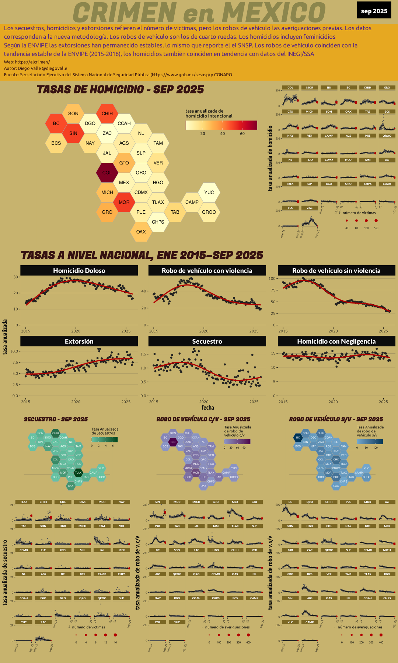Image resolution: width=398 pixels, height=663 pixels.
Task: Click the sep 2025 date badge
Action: point(374,11)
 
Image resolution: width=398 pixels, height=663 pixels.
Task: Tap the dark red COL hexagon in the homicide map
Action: point(107,173)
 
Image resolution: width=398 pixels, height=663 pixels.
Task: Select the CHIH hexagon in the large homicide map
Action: point(107,113)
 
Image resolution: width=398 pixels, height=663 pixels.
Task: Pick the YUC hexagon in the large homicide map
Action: point(209,192)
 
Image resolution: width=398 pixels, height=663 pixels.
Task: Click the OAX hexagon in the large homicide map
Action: point(141,232)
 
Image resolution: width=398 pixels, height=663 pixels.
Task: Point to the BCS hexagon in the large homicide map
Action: point(56,143)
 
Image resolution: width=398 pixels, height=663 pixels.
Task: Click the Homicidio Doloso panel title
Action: point(79,271)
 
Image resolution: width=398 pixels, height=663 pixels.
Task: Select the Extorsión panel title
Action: point(79,341)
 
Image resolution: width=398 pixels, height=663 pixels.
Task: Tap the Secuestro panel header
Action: point(207,341)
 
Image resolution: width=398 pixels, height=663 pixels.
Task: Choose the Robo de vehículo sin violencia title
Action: point(336,271)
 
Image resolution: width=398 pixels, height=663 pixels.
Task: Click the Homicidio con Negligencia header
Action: point(336,341)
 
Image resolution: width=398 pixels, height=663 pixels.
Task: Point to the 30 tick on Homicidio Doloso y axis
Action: point(16,277)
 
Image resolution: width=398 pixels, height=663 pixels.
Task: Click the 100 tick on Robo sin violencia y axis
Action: point(272,279)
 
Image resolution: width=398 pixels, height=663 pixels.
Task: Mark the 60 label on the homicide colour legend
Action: point(242,134)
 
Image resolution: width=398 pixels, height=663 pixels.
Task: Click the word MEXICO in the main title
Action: point(273,13)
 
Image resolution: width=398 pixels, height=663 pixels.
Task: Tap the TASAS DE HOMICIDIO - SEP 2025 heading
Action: point(120,90)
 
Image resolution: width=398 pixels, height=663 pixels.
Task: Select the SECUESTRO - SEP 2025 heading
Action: point(56,419)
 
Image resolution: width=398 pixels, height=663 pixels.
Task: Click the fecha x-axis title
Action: point(207,408)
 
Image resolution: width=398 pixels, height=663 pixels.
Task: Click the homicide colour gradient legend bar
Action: point(221,125)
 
